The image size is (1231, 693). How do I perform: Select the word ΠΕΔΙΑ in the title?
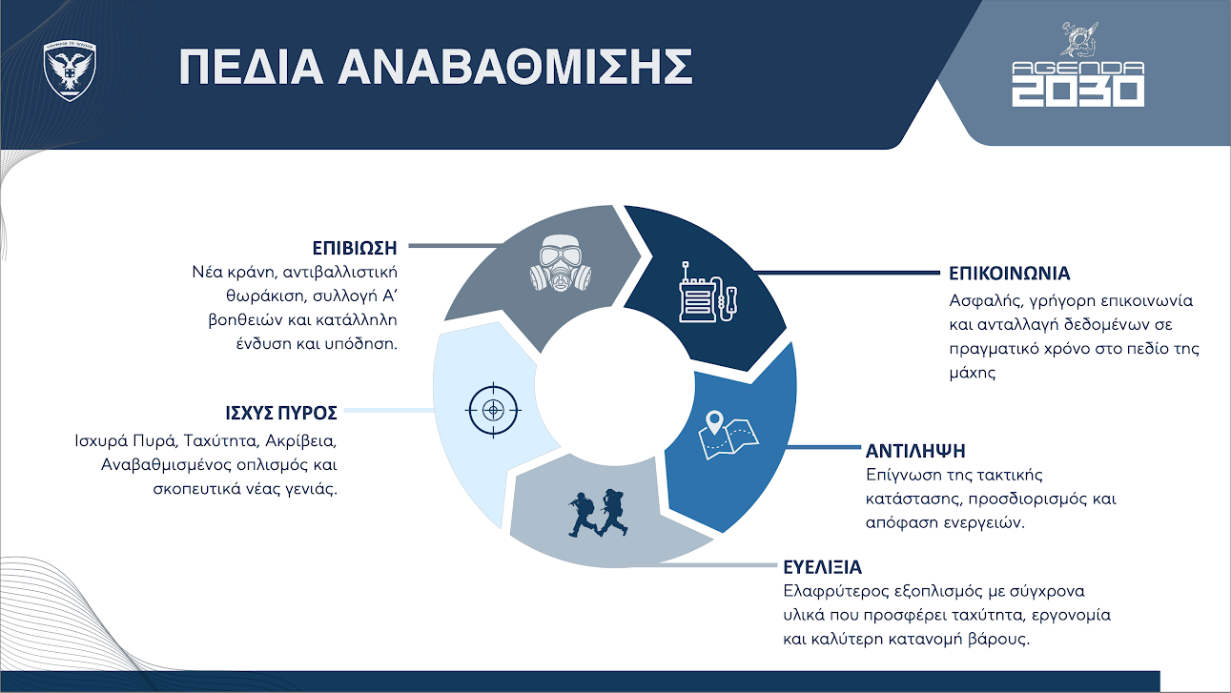243,68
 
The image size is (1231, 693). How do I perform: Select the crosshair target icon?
493,410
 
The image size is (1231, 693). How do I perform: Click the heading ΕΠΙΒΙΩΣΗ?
353,247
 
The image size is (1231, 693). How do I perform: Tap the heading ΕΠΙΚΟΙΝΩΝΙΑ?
1009,274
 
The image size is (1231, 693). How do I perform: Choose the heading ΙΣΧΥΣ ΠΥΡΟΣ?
277,414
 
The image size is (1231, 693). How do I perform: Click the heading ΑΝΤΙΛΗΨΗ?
915,449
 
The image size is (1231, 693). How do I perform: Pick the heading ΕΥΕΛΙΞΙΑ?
822,568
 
